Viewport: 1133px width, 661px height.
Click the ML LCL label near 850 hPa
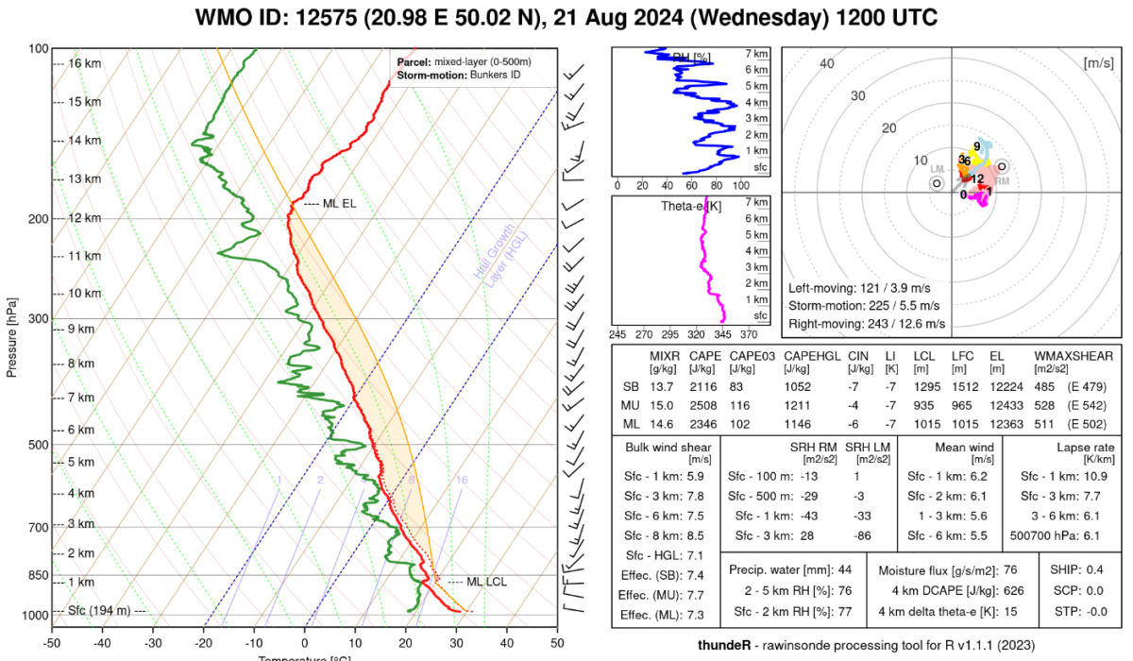tap(486, 582)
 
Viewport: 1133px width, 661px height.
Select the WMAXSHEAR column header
tap(1072, 356)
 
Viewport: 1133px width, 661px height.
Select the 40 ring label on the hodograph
tap(828, 64)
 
